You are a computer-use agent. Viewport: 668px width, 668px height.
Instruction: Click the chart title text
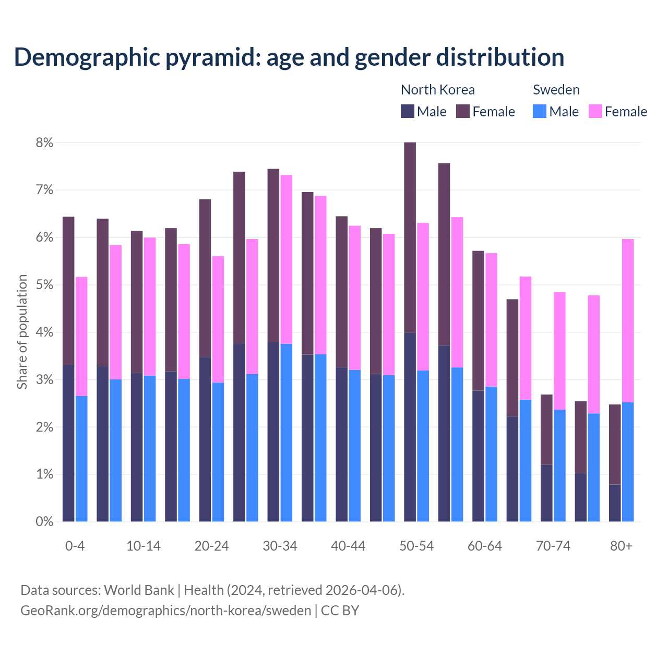[x=289, y=57]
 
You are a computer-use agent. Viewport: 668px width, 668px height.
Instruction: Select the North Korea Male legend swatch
[x=408, y=111]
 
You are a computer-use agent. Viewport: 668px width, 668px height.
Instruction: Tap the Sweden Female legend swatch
[x=595, y=111]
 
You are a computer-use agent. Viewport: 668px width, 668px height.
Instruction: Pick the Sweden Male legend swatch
[x=540, y=111]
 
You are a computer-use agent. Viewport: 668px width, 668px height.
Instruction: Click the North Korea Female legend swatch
[x=463, y=111]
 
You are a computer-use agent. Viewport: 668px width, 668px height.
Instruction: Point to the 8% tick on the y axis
[x=44, y=142]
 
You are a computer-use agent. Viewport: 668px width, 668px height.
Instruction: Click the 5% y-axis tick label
[x=44, y=285]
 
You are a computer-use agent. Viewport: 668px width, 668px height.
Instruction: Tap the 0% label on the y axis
[x=44, y=521]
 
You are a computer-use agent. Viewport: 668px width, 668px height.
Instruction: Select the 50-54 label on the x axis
[x=416, y=546]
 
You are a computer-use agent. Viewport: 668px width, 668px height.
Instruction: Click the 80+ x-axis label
[x=621, y=546]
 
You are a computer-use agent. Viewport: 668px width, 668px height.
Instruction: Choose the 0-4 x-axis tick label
[x=75, y=546]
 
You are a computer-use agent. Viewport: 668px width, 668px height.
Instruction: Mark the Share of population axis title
[x=22, y=332]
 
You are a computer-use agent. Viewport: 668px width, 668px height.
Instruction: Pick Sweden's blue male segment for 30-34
[x=287, y=433]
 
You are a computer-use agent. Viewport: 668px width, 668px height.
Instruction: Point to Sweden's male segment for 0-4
[x=81, y=459]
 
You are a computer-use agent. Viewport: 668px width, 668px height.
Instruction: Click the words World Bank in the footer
[x=139, y=590]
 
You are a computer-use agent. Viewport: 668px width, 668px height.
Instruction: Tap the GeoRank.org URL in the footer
[x=165, y=611]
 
